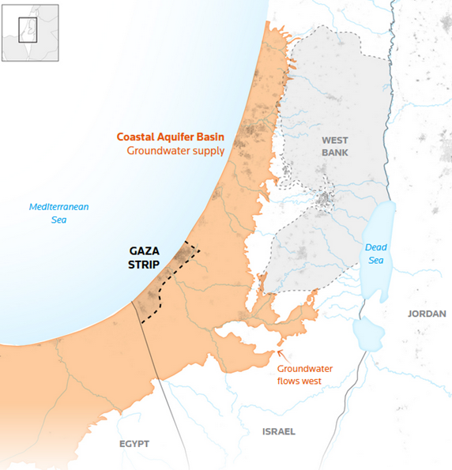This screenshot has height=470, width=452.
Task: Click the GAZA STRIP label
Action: (x=145, y=258)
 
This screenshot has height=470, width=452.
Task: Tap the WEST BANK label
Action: (x=334, y=145)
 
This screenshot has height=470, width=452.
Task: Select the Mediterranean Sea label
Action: (x=59, y=212)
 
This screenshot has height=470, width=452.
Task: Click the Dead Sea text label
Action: (x=376, y=253)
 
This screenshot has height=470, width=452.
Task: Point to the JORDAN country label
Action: (x=427, y=314)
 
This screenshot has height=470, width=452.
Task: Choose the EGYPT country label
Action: (x=134, y=444)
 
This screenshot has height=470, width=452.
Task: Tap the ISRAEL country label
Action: (x=278, y=431)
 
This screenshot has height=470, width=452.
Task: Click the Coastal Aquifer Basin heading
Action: (x=171, y=136)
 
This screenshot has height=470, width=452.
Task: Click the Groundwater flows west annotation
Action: (x=304, y=375)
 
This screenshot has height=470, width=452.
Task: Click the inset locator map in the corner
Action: (x=30, y=32)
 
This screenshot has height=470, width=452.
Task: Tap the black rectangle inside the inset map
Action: (x=28, y=29)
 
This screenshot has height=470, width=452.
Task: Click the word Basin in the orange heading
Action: (x=209, y=136)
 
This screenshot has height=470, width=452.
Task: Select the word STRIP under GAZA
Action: (x=145, y=265)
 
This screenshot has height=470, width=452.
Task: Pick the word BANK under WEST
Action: (x=334, y=152)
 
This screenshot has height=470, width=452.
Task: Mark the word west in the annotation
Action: (x=319, y=382)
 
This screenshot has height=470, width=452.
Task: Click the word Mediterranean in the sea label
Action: (x=59, y=207)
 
